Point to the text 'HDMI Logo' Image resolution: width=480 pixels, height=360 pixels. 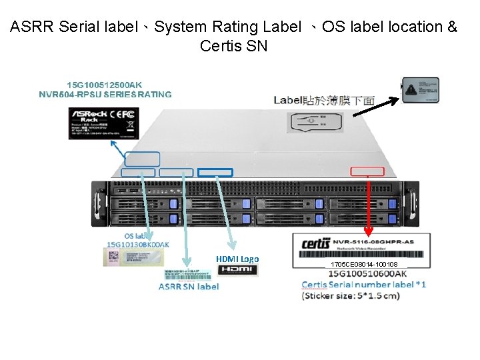point(237,259)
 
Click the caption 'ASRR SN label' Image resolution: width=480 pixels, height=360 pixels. point(189,287)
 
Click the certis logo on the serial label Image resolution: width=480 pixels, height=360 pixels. point(316,243)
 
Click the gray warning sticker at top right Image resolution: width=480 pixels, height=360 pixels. point(420,90)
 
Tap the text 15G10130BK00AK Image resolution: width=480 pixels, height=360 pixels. point(138,245)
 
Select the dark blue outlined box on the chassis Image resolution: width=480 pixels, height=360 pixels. point(215,173)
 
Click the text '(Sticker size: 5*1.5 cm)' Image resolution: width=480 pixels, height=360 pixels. point(351,295)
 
